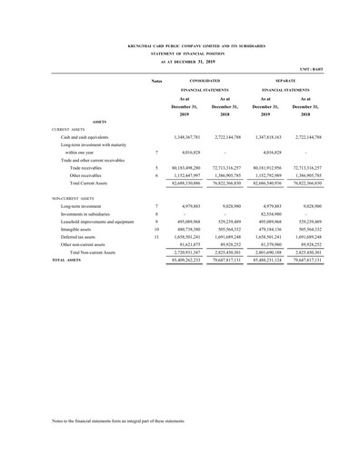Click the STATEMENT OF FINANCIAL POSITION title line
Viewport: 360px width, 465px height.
[x=180, y=51]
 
